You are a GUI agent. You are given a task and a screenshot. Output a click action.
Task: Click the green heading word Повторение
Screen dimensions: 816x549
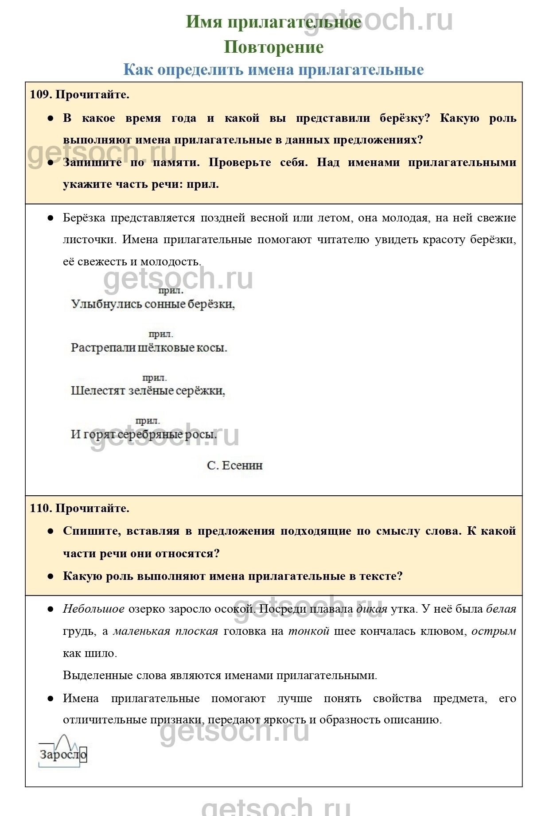pyautogui.click(x=273, y=47)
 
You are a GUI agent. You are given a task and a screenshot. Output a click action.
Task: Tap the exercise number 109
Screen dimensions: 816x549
pyautogui.click(x=41, y=94)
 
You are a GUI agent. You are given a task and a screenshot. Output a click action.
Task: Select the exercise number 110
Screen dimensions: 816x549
pyautogui.click(x=41, y=508)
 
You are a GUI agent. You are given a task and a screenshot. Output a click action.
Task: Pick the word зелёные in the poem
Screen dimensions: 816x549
pyautogui.click(x=151, y=391)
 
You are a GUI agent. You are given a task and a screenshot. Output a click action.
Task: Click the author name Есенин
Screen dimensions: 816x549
pyautogui.click(x=242, y=466)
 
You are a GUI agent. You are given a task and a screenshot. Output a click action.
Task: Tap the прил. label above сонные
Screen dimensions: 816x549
pyautogui.click(x=171, y=291)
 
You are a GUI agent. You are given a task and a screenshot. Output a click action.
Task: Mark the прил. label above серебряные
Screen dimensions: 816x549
pyautogui.click(x=147, y=421)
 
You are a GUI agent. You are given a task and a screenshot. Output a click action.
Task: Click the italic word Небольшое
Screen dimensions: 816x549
pyautogui.click(x=93, y=609)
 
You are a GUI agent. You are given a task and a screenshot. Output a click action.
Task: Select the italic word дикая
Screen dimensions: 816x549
pyautogui.click(x=372, y=609)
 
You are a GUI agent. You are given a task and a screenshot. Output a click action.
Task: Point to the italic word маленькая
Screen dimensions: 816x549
pyautogui.click(x=141, y=631)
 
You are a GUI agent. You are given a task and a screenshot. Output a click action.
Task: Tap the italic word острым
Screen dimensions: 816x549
pyautogui.click(x=494, y=631)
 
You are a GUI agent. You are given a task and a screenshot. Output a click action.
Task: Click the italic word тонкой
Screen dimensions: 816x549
pyautogui.click(x=308, y=631)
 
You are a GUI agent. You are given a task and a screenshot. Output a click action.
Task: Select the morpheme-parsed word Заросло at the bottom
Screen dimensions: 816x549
pyautogui.click(x=62, y=754)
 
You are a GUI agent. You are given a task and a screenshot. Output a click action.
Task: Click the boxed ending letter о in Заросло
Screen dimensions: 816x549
pyautogui.click(x=83, y=754)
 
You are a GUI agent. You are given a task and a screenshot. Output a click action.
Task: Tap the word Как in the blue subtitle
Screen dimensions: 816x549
pyautogui.click(x=137, y=70)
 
